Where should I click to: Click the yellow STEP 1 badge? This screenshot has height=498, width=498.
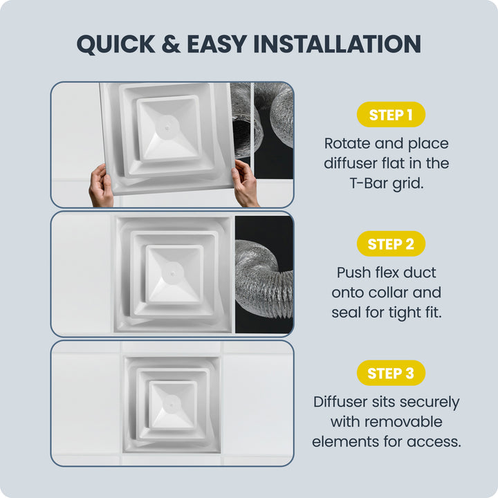(x=391, y=114)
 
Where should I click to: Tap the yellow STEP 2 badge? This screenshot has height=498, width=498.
(x=391, y=243)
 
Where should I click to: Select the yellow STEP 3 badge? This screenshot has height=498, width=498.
(x=391, y=373)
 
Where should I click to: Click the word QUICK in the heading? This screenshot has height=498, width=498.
(x=116, y=44)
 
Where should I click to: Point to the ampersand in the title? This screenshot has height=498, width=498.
(x=171, y=44)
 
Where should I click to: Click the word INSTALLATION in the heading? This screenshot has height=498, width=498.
(x=338, y=44)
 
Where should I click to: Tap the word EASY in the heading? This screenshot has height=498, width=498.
(x=217, y=44)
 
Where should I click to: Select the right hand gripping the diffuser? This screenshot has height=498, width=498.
(x=245, y=183)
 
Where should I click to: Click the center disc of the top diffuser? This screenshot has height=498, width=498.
(x=167, y=128)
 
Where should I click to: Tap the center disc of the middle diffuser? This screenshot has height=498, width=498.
(x=172, y=273)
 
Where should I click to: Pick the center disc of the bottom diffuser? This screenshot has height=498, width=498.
(x=172, y=405)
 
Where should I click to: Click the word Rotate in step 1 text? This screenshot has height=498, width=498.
(x=347, y=144)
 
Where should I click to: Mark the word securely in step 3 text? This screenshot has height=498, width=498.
(x=430, y=403)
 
